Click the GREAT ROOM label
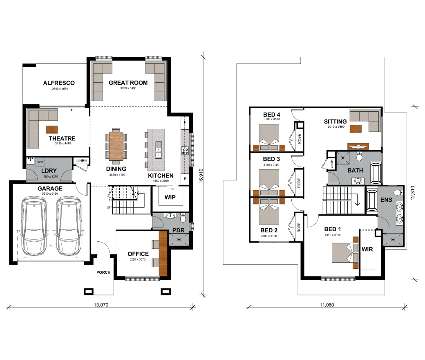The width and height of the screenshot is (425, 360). [128, 83]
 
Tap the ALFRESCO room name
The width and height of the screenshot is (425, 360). [59, 83]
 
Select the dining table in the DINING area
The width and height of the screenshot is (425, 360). [116, 146]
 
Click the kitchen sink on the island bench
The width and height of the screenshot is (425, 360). [158, 149]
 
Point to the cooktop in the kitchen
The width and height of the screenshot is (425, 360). [185, 150]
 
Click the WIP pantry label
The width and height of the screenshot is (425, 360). [170, 198]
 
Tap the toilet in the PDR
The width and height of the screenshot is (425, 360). [183, 218]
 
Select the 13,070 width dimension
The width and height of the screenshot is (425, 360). [101, 305]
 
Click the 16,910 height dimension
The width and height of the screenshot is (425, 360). [201, 175]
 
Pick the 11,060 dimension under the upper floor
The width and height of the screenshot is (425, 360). [327, 305]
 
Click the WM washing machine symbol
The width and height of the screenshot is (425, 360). [40, 162]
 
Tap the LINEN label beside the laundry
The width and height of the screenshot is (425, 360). [81, 161]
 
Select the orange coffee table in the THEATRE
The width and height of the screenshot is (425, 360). [52, 129]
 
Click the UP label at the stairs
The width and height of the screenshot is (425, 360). [109, 207]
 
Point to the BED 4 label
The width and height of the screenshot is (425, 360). [272, 115]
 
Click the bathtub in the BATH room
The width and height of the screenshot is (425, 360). [376, 173]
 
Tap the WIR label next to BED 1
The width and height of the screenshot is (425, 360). [367, 249]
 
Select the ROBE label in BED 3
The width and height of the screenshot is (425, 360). [299, 183]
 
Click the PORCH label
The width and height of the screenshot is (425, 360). [103, 272]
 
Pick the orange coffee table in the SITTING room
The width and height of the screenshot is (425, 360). [356, 128]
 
